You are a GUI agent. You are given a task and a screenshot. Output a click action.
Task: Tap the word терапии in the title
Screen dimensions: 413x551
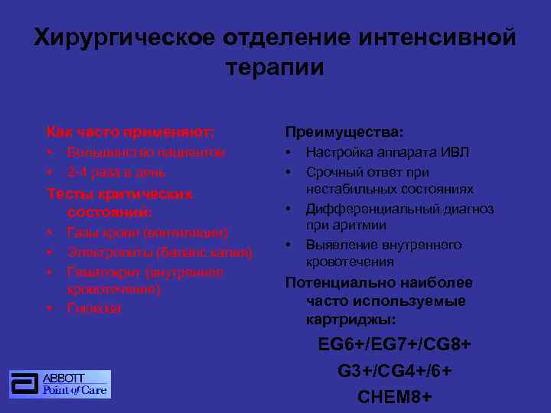[275, 67]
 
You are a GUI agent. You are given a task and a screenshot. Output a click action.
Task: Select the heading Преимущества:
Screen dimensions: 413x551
[344, 132]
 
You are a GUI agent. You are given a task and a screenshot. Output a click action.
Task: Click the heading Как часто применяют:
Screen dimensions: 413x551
[131, 132]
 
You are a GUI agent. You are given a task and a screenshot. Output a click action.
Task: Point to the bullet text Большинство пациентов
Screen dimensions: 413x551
[146, 152]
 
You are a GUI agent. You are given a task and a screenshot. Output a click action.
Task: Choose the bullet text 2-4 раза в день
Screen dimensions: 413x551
[116, 172]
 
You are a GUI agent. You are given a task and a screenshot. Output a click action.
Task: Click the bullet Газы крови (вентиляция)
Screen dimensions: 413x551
[148, 232]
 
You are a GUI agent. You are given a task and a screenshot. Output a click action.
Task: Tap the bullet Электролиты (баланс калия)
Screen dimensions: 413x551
[160, 252]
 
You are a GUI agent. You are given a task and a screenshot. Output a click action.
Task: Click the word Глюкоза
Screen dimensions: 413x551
[94, 308]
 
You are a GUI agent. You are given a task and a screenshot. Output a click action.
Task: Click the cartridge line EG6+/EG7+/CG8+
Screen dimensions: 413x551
[394, 345]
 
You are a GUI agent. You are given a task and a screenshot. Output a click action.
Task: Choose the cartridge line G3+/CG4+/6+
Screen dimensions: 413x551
[394, 371]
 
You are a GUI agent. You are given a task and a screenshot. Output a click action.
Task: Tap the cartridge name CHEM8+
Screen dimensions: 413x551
[394, 397]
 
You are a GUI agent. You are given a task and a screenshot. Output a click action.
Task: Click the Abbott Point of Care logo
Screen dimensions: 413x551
[60, 384]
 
